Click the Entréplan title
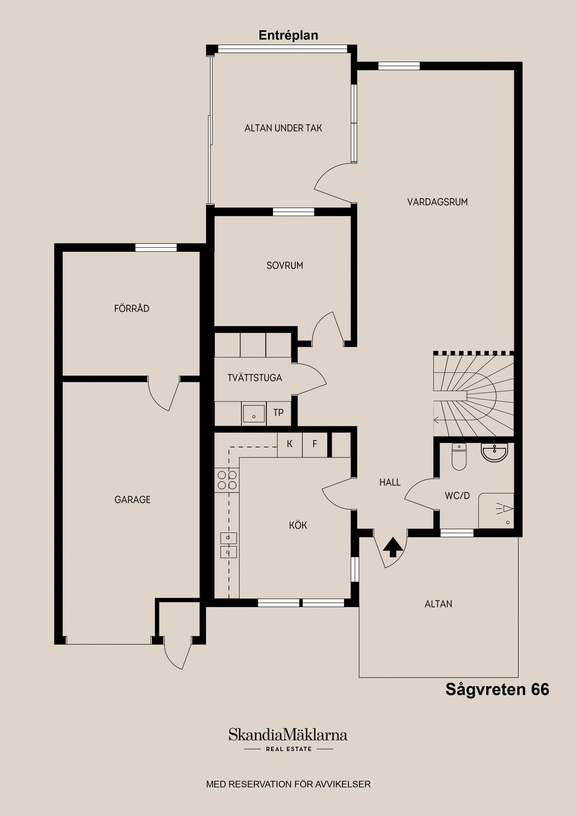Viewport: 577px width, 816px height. point(288,35)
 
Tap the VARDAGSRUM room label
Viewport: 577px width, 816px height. point(437,202)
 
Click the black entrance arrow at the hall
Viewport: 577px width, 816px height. point(393,547)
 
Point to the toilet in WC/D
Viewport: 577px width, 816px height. point(459,457)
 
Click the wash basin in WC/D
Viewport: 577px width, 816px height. point(494,452)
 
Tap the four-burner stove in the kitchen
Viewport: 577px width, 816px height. point(227,480)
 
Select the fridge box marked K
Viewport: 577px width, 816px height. point(289,444)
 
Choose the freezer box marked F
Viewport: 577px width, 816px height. point(315,444)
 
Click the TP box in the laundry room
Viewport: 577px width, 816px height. point(278,413)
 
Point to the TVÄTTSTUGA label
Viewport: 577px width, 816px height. point(255,378)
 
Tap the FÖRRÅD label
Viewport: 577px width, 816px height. point(132,309)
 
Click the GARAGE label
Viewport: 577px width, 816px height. point(132,500)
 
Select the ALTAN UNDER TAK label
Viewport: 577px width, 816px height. point(283,128)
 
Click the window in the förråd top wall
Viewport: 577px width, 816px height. point(156,247)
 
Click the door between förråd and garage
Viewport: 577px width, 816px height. point(163,393)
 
